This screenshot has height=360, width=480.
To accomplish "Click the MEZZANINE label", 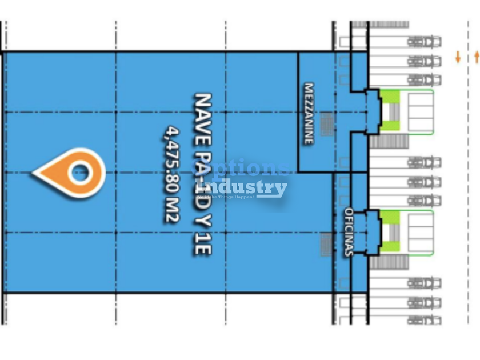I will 309,114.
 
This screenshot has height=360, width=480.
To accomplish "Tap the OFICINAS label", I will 349,231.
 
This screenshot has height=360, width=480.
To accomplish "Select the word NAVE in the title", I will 203,114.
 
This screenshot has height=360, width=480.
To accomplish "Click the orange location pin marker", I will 71,172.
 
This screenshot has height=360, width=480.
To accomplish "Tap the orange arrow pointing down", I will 458,57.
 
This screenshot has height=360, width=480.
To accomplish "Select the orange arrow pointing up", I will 477,57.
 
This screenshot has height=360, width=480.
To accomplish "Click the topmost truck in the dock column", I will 424,42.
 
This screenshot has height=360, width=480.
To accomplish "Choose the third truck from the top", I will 424,79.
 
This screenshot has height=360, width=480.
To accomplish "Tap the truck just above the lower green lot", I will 424,201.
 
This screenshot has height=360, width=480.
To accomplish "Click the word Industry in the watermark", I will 246,188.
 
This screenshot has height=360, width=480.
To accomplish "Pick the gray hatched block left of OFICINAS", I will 326,244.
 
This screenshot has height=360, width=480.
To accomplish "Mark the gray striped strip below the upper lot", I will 389,141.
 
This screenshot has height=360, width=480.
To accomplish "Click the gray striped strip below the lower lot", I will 389,262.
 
